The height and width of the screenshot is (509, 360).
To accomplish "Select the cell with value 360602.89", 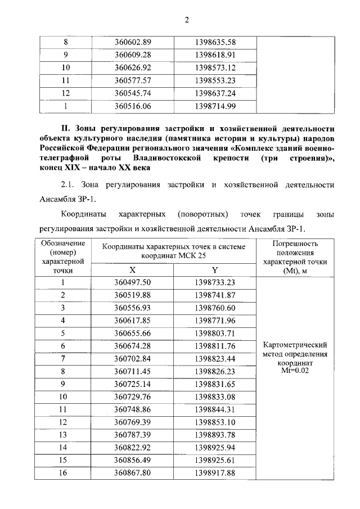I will (x=133, y=43).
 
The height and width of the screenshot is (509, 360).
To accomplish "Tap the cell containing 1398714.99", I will (x=215, y=106).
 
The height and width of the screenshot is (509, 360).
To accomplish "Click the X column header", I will (x=133, y=270).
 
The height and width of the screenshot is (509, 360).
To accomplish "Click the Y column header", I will (x=215, y=270).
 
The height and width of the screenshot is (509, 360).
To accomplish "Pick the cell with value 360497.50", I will (x=133, y=283).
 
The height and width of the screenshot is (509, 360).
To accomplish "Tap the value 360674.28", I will (x=133, y=346).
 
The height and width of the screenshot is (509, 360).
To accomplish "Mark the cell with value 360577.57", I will (x=133, y=80).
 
